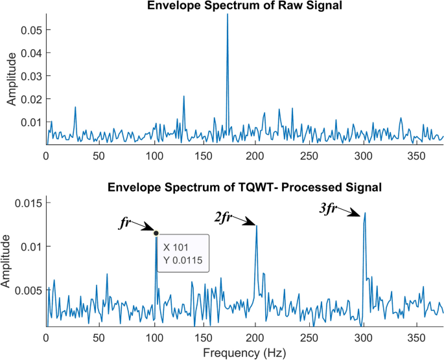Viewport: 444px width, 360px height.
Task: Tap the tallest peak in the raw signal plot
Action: click(x=228, y=14)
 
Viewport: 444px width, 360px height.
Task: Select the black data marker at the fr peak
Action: click(x=156, y=232)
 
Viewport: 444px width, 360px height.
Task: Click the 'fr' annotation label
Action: click(x=125, y=222)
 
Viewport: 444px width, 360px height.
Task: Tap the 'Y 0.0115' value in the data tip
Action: click(x=183, y=260)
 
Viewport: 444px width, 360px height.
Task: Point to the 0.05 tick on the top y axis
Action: click(x=31, y=30)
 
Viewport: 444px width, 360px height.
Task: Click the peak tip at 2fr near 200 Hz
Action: click(x=257, y=225)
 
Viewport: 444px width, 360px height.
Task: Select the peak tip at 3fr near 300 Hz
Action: click(x=365, y=212)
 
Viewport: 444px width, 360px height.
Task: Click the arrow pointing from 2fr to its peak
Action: click(x=244, y=219)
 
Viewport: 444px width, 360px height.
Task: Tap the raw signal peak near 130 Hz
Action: click(x=184, y=96)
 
